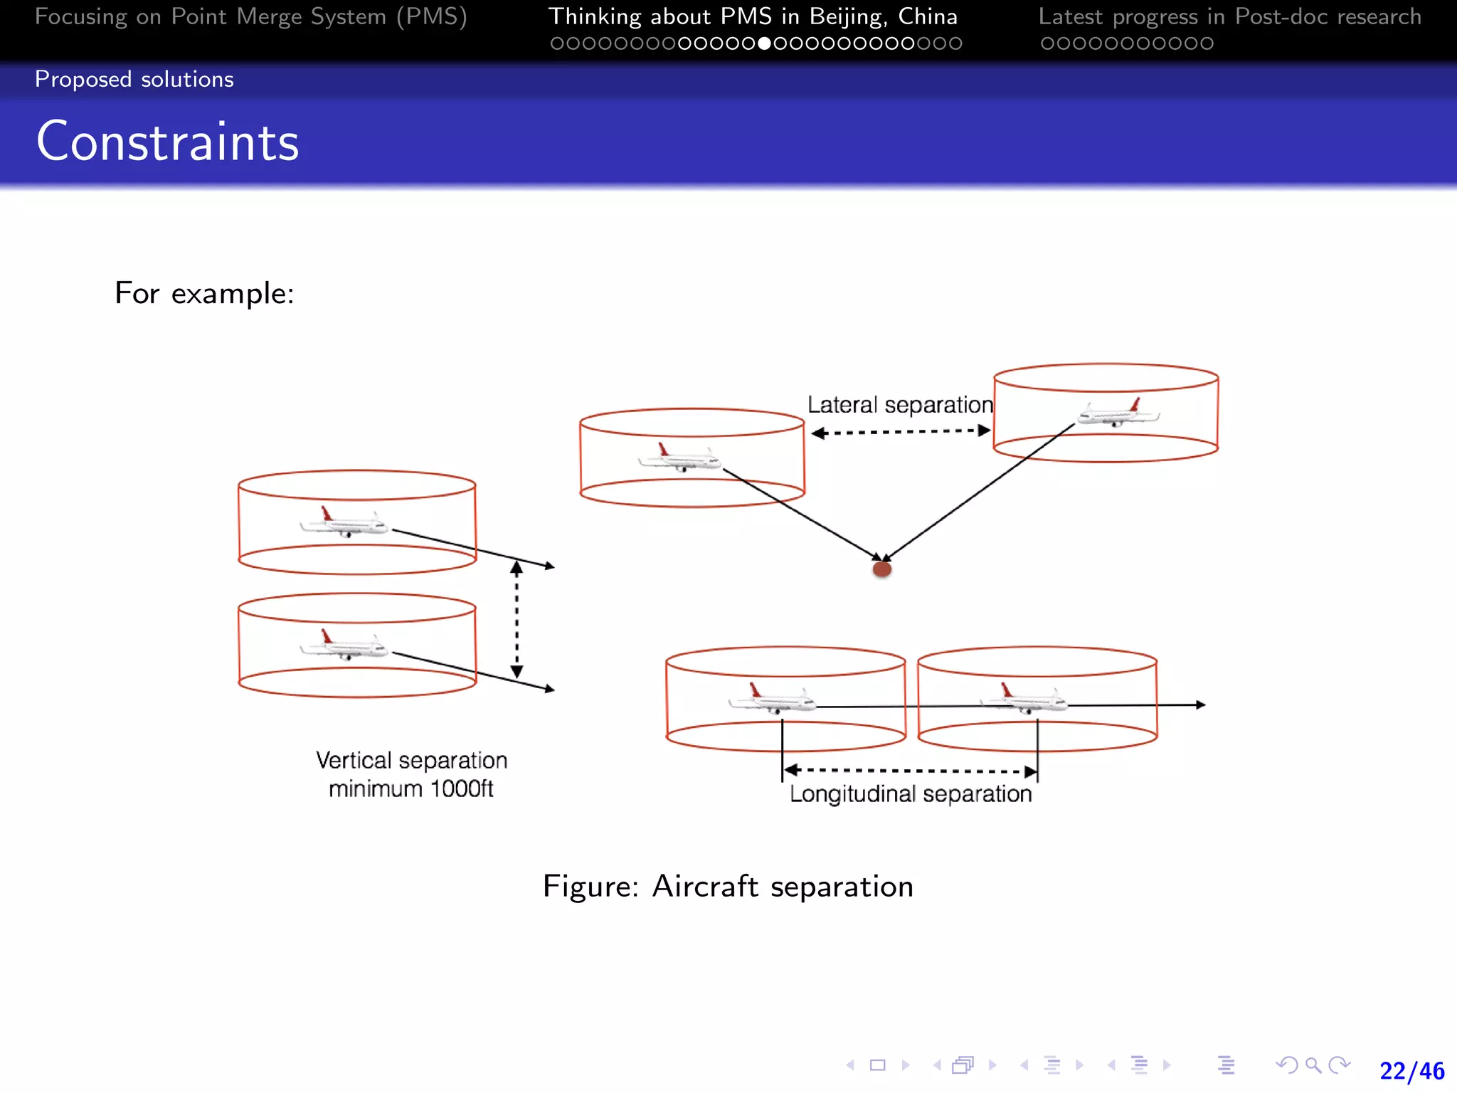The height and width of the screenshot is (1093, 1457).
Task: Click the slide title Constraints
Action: tap(167, 142)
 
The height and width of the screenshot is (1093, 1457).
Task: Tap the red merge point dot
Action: tap(882, 569)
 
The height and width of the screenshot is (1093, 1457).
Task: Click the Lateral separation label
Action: tap(899, 405)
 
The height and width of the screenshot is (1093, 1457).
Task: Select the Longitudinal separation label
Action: tap(910, 794)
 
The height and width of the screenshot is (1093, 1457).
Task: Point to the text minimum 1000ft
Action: tap(410, 789)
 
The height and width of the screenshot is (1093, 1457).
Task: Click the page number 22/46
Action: tap(1411, 1071)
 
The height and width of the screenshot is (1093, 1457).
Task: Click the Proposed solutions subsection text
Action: tap(134, 79)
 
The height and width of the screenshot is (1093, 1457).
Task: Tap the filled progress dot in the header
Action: tap(765, 43)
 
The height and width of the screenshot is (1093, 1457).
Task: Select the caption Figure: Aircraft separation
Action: tap(728, 887)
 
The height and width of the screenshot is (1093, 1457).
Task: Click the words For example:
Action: tap(204, 293)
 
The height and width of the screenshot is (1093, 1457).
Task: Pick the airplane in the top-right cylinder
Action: tap(1118, 413)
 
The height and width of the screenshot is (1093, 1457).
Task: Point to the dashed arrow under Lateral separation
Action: tap(901, 431)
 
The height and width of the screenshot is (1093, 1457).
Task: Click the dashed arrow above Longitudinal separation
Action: tap(910, 771)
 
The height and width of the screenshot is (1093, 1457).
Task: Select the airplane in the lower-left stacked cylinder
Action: tap(344, 646)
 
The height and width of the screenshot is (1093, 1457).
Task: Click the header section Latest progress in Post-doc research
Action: tap(1229, 16)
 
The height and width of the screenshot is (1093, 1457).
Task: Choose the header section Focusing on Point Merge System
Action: tap(250, 16)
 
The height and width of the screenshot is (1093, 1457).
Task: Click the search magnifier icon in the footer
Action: tap(1313, 1065)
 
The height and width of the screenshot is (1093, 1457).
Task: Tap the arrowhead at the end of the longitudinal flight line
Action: tap(1200, 704)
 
